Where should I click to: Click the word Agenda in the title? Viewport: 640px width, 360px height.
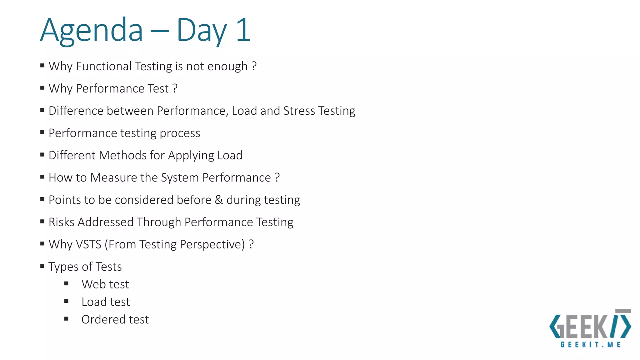[x=91, y=31]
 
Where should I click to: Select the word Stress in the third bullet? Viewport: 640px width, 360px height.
[x=299, y=111]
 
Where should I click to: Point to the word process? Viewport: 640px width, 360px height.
[x=180, y=133]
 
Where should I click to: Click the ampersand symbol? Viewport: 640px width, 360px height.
[x=219, y=200]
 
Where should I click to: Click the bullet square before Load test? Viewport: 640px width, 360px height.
[x=66, y=301]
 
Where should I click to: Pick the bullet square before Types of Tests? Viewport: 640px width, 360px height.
[x=42, y=266]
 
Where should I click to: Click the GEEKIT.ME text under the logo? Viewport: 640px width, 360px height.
[x=590, y=345]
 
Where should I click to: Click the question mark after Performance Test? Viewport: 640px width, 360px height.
[x=175, y=88]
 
